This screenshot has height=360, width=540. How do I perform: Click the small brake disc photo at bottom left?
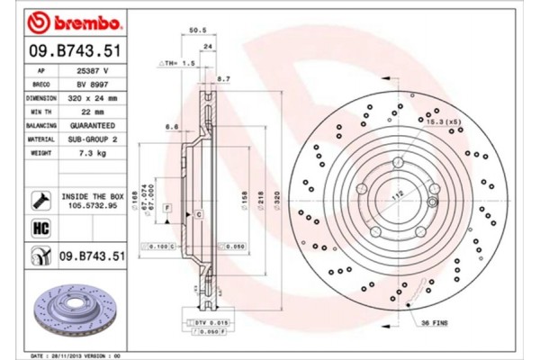coord(72,310)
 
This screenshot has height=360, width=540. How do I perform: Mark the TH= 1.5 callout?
coord(177,64)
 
